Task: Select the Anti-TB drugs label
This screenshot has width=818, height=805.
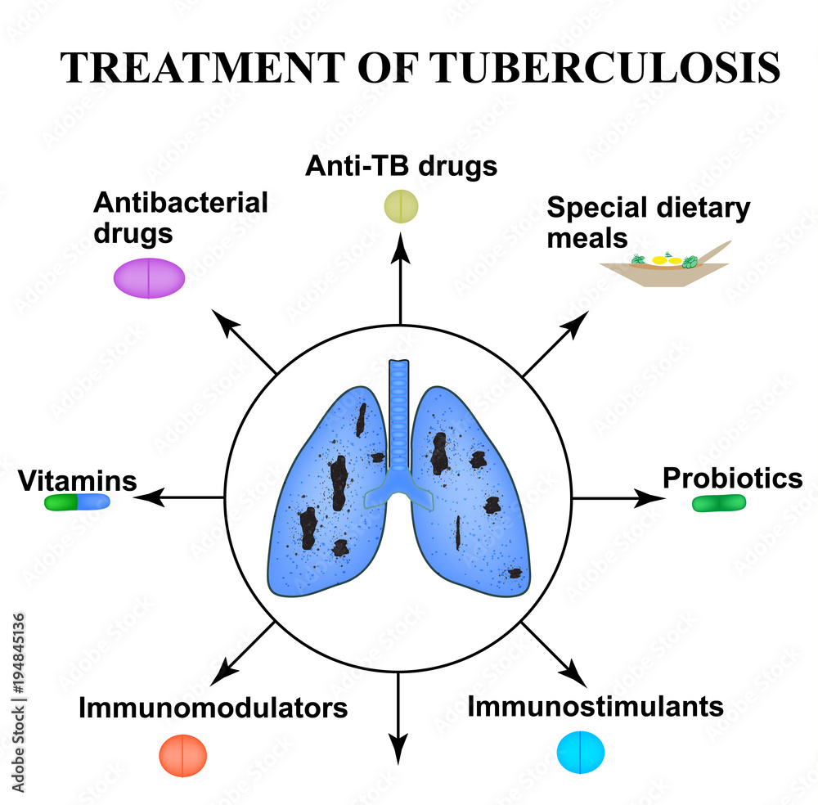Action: point(401,166)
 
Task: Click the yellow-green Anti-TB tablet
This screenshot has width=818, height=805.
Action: point(401,206)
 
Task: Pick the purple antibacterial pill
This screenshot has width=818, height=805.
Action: point(149,278)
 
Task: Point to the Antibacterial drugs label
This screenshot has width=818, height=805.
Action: point(180,217)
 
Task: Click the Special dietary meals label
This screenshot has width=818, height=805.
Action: point(648,223)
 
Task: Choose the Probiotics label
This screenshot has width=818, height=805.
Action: point(732,478)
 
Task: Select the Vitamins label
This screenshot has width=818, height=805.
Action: point(78,481)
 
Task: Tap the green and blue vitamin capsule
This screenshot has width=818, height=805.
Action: point(77,502)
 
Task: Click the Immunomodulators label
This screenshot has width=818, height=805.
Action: point(213,708)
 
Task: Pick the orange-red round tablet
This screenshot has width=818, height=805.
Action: point(183,753)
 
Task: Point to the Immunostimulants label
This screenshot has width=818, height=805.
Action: point(596,705)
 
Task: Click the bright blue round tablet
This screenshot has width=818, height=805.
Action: point(581,751)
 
